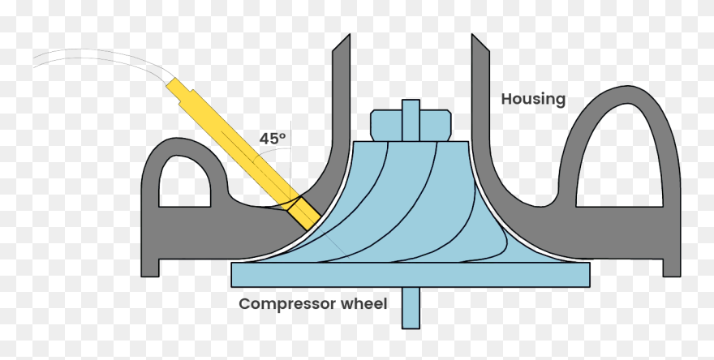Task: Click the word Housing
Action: coord(533,100)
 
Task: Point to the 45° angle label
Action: coord(273,139)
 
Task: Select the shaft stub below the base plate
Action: coord(411,308)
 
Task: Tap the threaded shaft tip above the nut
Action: coord(411,105)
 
